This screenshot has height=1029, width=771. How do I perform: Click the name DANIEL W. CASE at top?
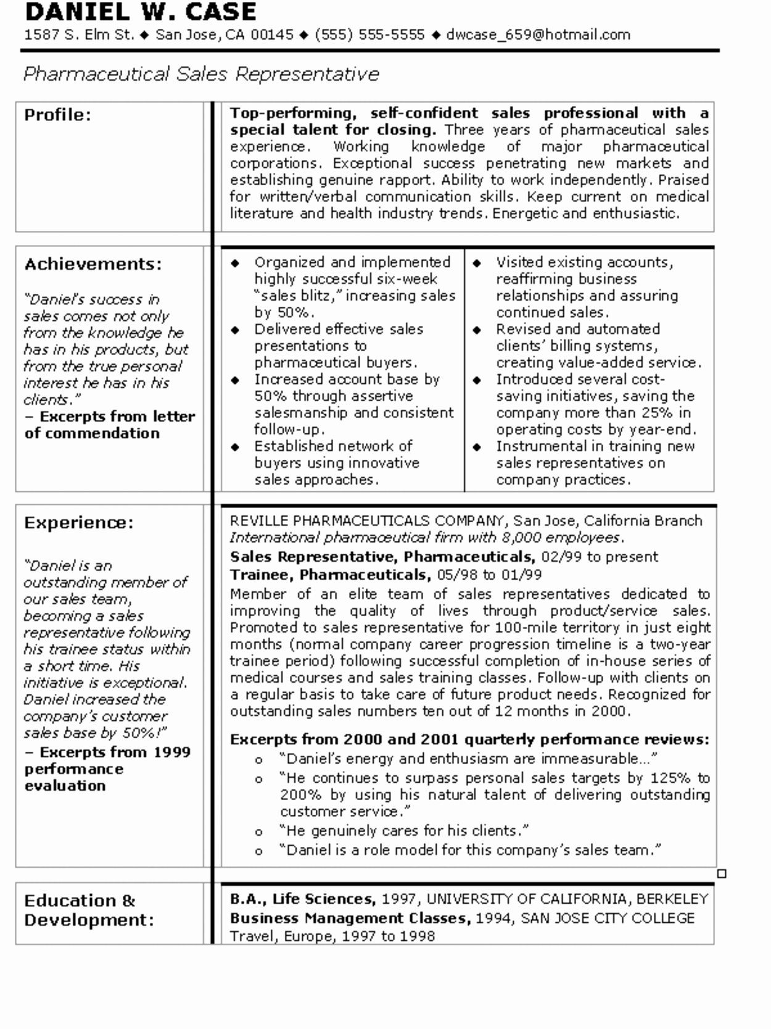[140, 12]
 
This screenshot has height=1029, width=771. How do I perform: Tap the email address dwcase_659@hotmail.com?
[538, 35]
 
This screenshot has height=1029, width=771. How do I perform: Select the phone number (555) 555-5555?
[369, 35]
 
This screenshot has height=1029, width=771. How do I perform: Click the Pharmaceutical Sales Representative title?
[201, 74]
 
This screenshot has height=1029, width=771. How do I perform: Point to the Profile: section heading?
[57, 115]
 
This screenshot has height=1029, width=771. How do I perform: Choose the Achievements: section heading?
[93, 264]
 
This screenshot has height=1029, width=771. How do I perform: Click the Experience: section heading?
[78, 523]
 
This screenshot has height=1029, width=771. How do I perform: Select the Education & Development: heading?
[89, 910]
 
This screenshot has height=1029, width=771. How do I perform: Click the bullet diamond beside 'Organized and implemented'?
[235, 263]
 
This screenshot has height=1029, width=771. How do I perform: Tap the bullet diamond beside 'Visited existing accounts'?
[477, 263]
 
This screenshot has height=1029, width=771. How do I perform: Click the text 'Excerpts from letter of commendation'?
[110, 425]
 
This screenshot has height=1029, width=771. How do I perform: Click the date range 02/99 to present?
[600, 557]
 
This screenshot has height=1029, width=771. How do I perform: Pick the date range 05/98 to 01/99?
[489, 575]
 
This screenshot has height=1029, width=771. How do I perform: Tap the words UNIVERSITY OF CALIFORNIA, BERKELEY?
[567, 899]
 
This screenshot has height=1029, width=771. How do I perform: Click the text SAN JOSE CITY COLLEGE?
[607, 918]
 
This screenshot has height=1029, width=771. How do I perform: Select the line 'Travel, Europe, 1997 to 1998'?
[332, 936]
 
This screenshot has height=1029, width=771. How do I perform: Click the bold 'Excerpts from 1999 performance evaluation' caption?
[107, 769]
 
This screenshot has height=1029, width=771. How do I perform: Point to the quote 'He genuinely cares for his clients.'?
[404, 831]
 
